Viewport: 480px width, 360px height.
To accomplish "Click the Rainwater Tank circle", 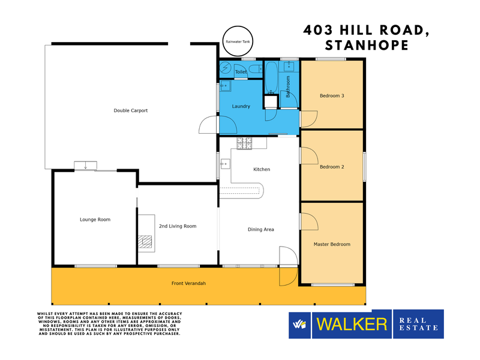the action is [x=238, y=27].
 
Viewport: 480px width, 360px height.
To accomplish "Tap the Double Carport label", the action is [x=131, y=110].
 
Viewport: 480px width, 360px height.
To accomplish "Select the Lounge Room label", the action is [x=95, y=220].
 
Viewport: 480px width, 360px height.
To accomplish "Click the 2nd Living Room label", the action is [x=178, y=226].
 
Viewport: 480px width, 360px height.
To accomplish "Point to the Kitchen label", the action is [x=262, y=169].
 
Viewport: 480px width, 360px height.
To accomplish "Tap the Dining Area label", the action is [x=261, y=229].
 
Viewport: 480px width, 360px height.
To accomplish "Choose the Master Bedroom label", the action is [x=332, y=244].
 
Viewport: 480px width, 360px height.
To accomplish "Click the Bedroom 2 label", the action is [x=332, y=167].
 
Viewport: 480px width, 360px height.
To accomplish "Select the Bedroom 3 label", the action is [x=332, y=95].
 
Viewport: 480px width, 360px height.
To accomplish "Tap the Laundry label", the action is [x=241, y=106].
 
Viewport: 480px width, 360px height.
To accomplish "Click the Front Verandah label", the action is [x=188, y=283].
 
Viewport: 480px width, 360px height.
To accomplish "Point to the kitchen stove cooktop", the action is [x=244, y=143].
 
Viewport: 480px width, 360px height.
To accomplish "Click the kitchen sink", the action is [x=226, y=164].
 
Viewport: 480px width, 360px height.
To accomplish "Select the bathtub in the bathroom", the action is [x=271, y=78].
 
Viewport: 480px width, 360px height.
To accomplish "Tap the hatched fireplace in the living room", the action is [x=145, y=241].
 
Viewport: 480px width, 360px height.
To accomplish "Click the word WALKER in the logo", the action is [x=352, y=324].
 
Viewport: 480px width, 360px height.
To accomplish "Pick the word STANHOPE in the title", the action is [x=367, y=46].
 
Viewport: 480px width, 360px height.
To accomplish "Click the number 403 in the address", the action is [x=318, y=30].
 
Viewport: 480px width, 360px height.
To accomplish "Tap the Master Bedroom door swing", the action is [x=310, y=221].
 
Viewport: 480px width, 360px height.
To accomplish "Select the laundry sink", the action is [x=226, y=86].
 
